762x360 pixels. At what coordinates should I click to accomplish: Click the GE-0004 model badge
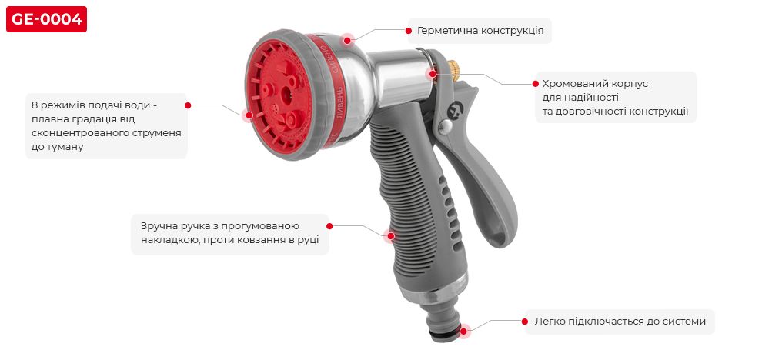(46, 19)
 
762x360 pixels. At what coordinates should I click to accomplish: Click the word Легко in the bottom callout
(550, 321)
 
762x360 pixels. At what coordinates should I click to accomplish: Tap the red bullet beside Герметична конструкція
(408, 31)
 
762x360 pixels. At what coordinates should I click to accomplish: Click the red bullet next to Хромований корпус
(536, 83)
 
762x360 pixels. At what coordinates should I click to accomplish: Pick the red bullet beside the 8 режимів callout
(188, 105)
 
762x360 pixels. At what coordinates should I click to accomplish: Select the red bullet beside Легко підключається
(526, 321)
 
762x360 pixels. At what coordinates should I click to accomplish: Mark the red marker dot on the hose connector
(465, 331)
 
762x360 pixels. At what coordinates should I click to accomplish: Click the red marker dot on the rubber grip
(390, 236)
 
